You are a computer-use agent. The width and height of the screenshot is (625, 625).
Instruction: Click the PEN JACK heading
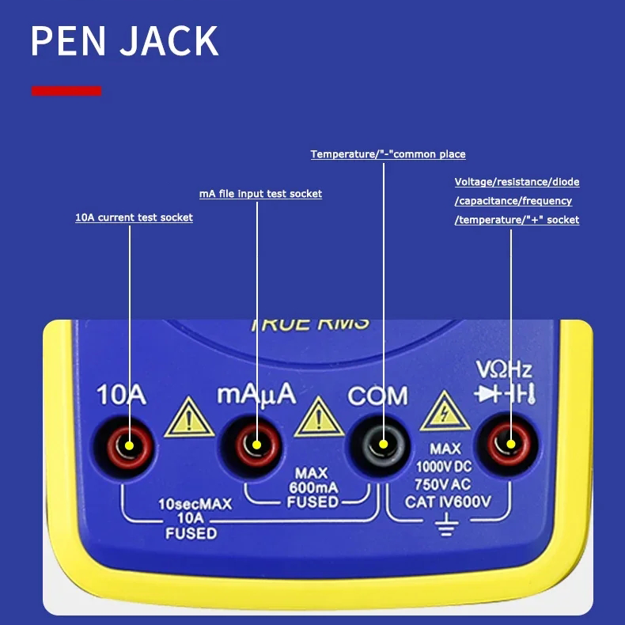[x=124, y=41]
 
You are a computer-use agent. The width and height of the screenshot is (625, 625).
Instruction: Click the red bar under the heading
[x=66, y=91]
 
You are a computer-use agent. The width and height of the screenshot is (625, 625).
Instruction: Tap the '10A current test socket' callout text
[x=134, y=218]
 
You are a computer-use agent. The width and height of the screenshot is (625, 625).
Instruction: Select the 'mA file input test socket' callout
[x=260, y=194]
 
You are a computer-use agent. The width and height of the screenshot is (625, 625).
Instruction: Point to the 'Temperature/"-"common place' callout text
[x=388, y=154]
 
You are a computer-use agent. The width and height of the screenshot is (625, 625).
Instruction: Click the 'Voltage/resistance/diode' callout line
[x=517, y=182]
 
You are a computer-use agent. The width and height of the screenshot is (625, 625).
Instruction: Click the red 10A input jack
[x=128, y=445]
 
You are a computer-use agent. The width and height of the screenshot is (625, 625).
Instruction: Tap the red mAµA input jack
[x=256, y=445]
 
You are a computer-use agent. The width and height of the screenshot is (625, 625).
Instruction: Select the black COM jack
[x=383, y=445]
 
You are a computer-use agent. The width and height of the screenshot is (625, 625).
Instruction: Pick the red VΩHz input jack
[x=509, y=445]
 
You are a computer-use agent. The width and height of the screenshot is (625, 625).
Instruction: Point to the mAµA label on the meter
[x=256, y=392]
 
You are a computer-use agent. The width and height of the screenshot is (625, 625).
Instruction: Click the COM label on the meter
[x=377, y=395]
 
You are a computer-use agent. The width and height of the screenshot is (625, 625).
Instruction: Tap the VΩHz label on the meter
[x=504, y=369]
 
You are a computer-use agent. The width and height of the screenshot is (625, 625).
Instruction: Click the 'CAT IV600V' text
[x=448, y=502]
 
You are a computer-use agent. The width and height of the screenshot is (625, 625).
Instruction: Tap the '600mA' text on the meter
[x=313, y=487]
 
